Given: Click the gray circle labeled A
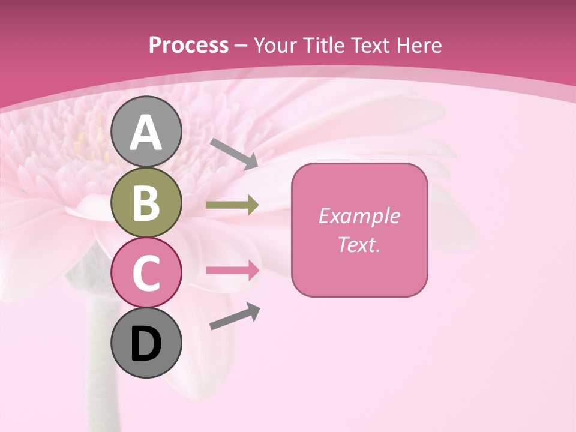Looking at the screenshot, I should [146, 131].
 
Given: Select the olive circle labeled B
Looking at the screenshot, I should [146, 202].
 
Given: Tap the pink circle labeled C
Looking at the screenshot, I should [146, 272].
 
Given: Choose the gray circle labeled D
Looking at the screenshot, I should [146, 343].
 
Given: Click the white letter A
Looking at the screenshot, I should [146, 133].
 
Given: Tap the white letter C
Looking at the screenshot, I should [146, 273].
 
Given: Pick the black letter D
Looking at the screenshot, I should [146, 344].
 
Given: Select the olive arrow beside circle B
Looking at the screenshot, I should [232, 205].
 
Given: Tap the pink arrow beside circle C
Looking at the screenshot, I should [233, 270].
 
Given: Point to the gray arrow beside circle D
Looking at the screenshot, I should [235, 316].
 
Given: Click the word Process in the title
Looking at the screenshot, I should [188, 46].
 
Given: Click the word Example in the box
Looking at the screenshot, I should [359, 216].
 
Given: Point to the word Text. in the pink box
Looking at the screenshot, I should [359, 244].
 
